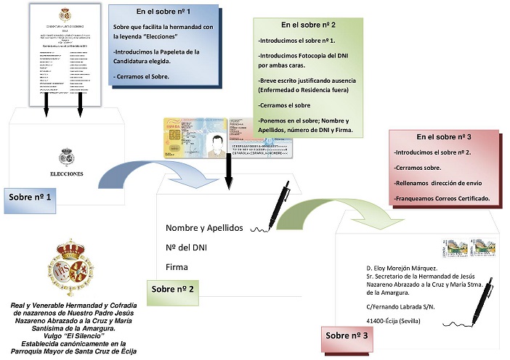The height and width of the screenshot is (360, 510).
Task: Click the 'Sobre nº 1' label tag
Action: tap(30, 197)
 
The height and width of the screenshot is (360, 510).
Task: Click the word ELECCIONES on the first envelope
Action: tap(66, 174)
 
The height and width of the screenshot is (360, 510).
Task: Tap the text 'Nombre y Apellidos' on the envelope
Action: tap(203, 227)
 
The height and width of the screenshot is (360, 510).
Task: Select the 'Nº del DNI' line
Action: tap(187, 247)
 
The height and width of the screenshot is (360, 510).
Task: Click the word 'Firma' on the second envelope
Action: tap(177, 267)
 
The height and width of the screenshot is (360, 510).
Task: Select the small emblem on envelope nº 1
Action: tap(66, 157)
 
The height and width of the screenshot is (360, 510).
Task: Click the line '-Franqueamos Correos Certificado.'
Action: tap(441, 199)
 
